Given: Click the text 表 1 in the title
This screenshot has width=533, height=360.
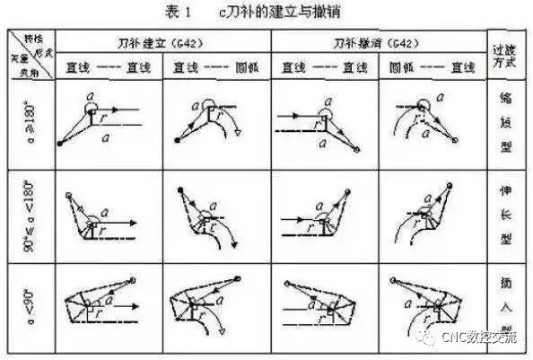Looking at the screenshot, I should coord(183,12).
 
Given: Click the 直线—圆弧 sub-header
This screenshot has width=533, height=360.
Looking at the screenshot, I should coord(215,67).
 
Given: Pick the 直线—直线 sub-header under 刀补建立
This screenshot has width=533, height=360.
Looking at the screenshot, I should coord(108,67).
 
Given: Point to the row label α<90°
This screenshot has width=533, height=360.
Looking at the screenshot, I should coord(30,303).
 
